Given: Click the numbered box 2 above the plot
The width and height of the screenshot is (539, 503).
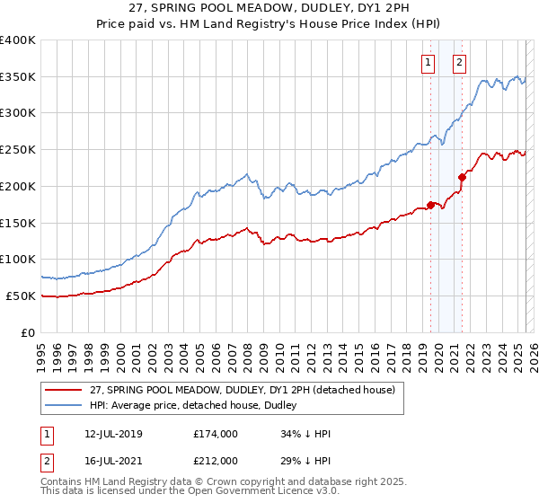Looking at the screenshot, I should tap(459, 63).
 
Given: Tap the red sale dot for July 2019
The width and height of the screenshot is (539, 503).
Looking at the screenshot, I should tap(430, 205).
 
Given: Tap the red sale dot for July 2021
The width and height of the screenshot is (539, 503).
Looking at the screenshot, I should tap(463, 177).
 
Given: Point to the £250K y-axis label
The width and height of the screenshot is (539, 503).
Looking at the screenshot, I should tap(18, 150).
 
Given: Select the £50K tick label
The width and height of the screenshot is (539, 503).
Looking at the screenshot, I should tap(22, 296).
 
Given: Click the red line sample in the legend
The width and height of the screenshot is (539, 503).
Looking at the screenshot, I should tap(63, 390).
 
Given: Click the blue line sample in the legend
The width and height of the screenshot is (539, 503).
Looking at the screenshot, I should tap(63, 406).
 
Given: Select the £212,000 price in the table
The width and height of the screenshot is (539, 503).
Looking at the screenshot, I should tap(216, 460).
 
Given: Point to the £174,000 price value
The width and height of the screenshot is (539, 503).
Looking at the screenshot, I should tap(216, 434).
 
